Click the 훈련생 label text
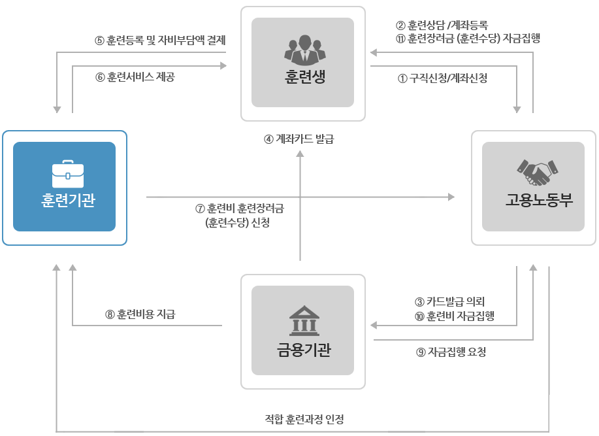pyautogui.click(x=303, y=77)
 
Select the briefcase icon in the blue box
pyautogui.click(x=67, y=173)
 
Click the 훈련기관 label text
pyautogui.click(x=67, y=199)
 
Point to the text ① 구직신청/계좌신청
pyautogui.click(x=442, y=78)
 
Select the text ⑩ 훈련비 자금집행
pyautogui.click(x=454, y=316)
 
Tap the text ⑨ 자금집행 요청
pyautogui.click(x=451, y=352)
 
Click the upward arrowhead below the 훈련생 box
pyautogui.click(x=300, y=154)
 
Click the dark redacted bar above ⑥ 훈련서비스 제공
pyautogui.click(x=159, y=41)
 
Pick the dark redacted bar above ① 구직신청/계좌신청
pyautogui.click(x=468, y=32)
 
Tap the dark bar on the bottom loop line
pyautogui.click(x=304, y=420)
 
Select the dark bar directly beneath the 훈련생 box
pyautogui.click(x=299, y=139)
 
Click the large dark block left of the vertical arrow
pyautogui.click(x=240, y=216)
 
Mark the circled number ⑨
pyautogui.click(x=420, y=352)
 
